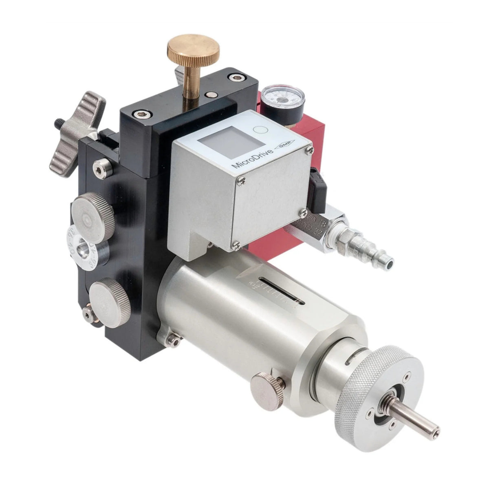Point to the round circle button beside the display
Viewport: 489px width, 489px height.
[x=259, y=131]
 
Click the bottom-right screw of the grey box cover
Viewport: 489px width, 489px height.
[x=303, y=212]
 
